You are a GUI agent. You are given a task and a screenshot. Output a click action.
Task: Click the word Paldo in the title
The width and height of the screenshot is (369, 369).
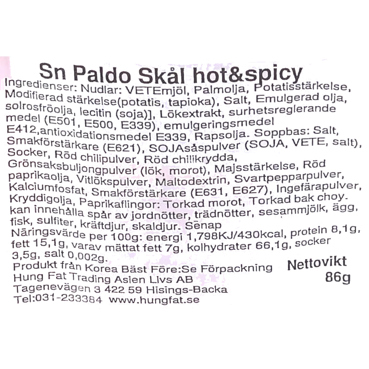102,74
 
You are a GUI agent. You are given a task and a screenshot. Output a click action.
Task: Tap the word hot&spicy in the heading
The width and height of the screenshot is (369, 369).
248,74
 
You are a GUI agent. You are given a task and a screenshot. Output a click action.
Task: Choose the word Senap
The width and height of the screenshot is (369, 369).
203,226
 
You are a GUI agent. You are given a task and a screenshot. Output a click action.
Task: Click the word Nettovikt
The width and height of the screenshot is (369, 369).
317,263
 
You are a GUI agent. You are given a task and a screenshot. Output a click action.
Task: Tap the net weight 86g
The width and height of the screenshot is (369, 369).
338,278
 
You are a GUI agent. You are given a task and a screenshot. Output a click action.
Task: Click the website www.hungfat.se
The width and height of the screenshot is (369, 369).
154,300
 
